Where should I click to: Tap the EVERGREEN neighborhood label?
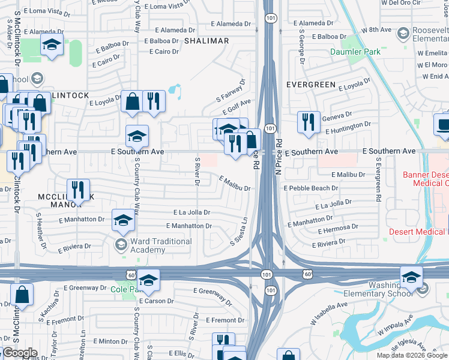pyautogui.click(x=310, y=85)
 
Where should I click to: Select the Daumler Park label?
pyautogui.click(x=355, y=52)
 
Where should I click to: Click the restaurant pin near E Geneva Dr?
pyautogui.click(x=308, y=122)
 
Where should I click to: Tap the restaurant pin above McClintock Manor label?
pyautogui.click(x=78, y=190)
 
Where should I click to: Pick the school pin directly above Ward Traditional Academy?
pyautogui.click(x=124, y=220)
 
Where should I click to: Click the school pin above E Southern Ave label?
pyautogui.click(x=137, y=136)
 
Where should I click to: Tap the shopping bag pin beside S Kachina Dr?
pyautogui.click(x=22, y=295)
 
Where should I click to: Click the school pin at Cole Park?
pyautogui.click(x=148, y=280)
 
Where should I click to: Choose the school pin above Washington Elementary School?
pyautogui.click(x=411, y=277)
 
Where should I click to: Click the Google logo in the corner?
pyautogui.click(x=20, y=353)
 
